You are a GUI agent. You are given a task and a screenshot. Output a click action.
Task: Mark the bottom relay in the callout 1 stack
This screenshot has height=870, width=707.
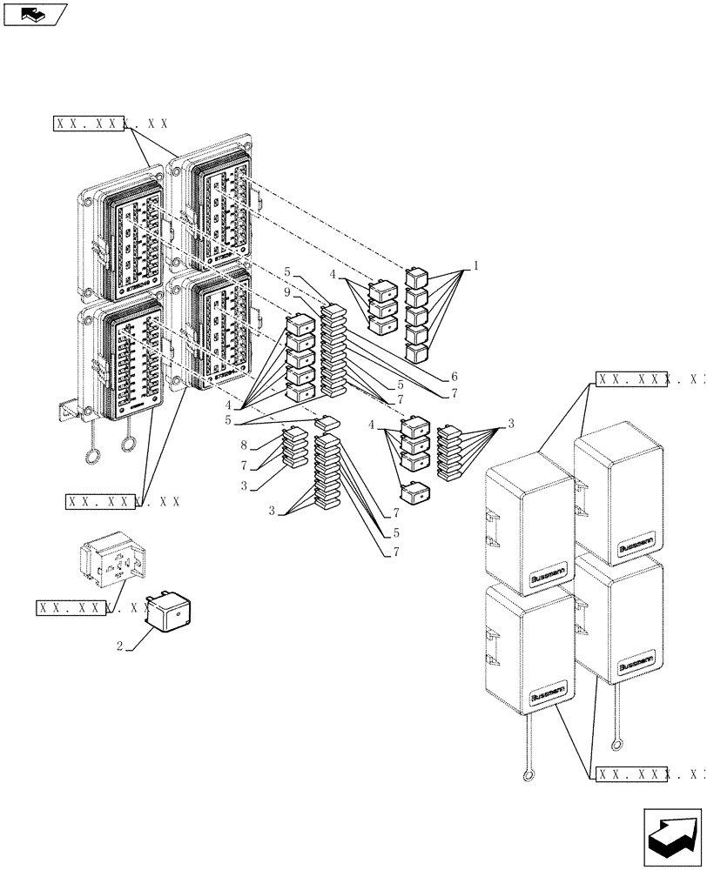click(x=417, y=352)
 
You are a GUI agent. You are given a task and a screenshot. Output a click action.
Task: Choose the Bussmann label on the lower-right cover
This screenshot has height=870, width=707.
click(x=638, y=664)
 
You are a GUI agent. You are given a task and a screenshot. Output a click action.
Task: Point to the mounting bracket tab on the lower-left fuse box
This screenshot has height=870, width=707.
click(x=67, y=405)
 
